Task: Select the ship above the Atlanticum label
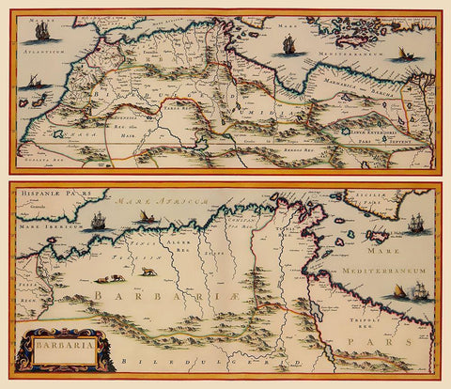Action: coord(41,31)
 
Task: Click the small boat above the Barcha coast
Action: coord(406,54)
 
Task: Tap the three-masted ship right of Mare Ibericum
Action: coord(98,221)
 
